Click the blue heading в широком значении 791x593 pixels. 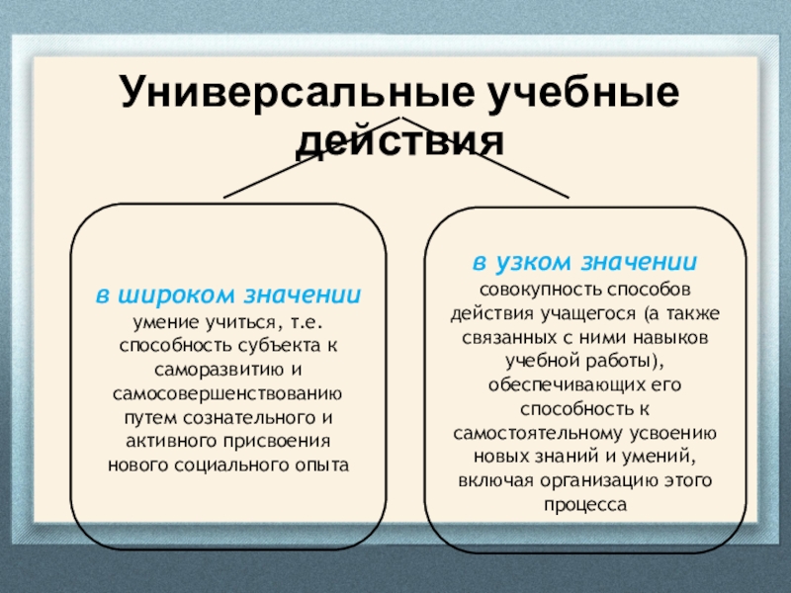click(227, 296)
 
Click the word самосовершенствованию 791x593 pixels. click(227, 392)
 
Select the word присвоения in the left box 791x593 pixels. click(284, 440)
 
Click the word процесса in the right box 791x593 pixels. click(584, 504)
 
